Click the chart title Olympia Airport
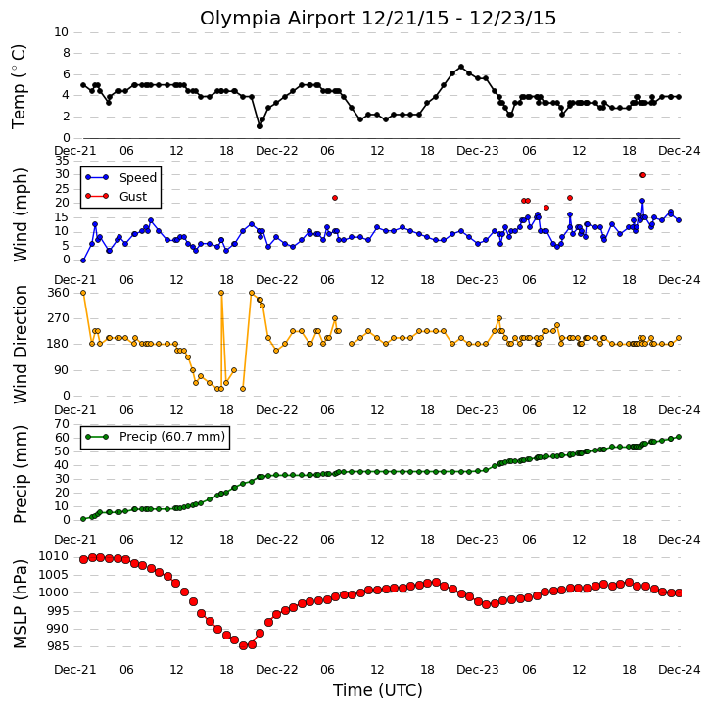click(277, 19)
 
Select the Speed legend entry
click(120, 177)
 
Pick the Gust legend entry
click(116, 196)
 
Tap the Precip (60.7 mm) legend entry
click(155, 437)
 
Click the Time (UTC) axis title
click(378, 690)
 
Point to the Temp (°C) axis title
click(19, 86)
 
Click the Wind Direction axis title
click(21, 344)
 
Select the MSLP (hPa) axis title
click(21, 603)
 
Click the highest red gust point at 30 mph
click(642, 175)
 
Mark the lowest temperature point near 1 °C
click(260, 126)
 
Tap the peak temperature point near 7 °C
click(461, 67)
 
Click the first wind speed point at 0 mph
click(83, 260)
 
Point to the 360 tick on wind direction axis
click(59, 293)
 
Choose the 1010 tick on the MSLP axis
click(54, 556)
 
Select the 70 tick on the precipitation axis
click(62, 424)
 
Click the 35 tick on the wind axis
click(62, 161)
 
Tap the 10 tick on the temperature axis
click(62, 32)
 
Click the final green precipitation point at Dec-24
click(679, 437)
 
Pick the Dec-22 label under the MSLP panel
click(277, 669)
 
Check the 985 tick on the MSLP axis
click(58, 646)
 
